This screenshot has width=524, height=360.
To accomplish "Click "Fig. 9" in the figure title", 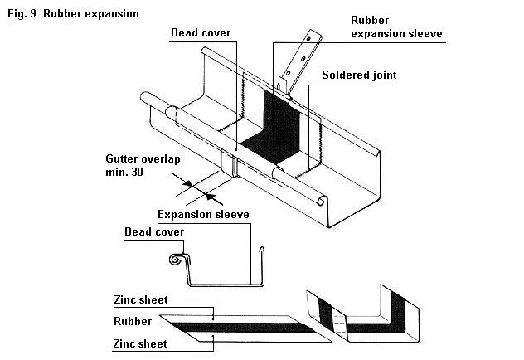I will click(21, 14).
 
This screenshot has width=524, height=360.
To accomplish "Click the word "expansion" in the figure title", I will click(111, 14).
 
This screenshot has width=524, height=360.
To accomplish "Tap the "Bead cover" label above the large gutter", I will click(201, 33).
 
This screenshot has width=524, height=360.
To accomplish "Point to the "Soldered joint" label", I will click(359, 75).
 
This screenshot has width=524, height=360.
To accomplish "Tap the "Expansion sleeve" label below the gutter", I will click(203, 214).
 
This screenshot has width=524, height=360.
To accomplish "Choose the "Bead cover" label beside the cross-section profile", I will click(154, 231).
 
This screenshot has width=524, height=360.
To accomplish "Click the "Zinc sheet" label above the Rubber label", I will click(141, 299).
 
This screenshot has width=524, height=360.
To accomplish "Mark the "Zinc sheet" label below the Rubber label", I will click(141, 343).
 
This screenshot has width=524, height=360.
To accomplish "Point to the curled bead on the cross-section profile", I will click(175, 260).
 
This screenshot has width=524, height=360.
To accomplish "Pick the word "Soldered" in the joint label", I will click(345, 75).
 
